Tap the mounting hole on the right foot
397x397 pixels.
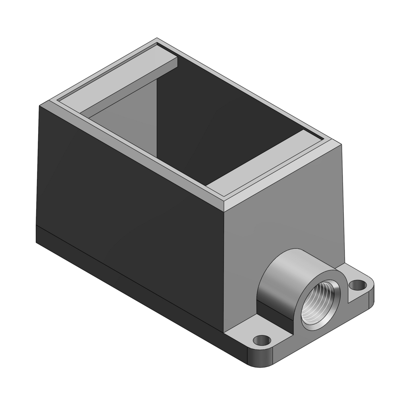pyautogui.click(x=358, y=284)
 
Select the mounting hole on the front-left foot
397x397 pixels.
pyautogui.click(x=262, y=340)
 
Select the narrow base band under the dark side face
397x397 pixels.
pyautogui.click(x=131, y=270)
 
